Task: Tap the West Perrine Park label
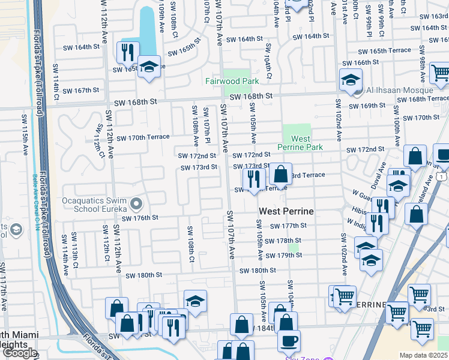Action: (x=300, y=143)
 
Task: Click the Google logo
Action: (x=19, y=353)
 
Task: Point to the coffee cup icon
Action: (x=289, y=340)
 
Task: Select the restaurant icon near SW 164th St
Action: (x=128, y=53)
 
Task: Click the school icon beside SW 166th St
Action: (x=351, y=79)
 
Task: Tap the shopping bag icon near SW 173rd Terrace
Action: (x=280, y=175)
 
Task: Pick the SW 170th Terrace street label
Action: (x=143, y=137)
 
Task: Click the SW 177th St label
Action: (x=288, y=226)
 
